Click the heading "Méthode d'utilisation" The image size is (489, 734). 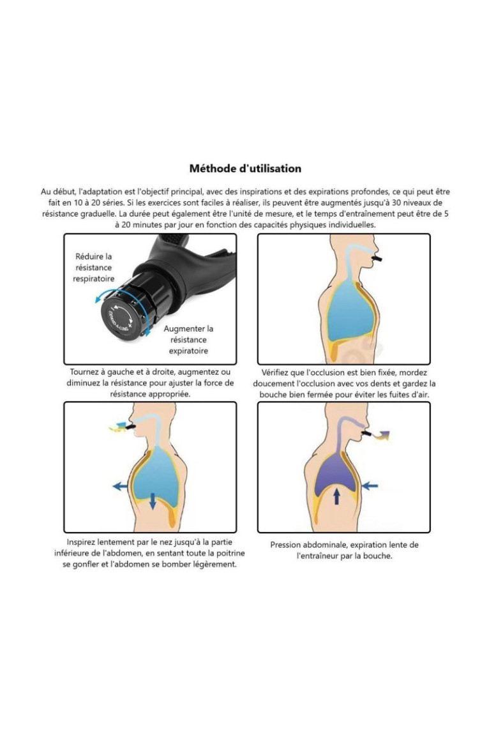pos(245,169)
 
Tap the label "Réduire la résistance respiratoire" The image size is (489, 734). pos(94,268)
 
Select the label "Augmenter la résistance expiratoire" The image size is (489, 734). pos(188,340)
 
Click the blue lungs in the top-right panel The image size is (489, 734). pos(351,309)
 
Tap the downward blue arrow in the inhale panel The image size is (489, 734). pos(153,501)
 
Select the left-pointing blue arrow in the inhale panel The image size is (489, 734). pos(120,487)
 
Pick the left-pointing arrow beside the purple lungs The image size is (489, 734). pos(370,486)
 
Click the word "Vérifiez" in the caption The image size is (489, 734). pos(275,372)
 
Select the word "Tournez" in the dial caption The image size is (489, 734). pos(85,372)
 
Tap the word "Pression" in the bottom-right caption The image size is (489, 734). pos(285,545)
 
